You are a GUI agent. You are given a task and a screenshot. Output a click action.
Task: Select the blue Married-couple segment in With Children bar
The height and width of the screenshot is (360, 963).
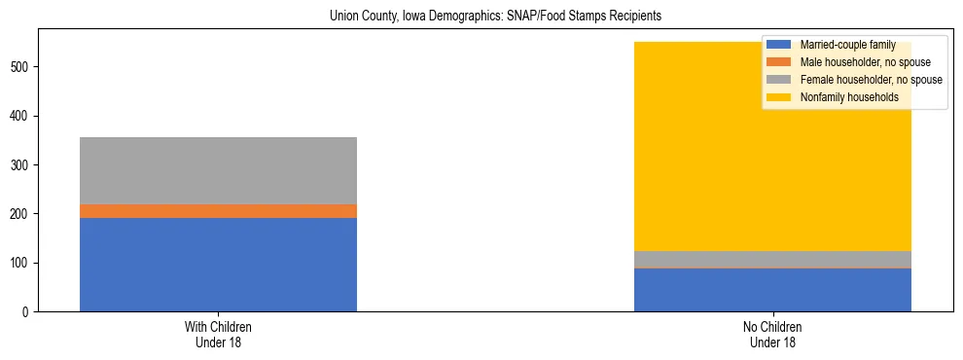tap(218, 264)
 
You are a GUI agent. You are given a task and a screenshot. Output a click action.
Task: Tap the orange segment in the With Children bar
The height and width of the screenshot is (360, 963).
tap(218, 210)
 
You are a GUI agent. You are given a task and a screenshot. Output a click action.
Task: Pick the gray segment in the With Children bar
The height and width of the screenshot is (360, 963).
tap(218, 170)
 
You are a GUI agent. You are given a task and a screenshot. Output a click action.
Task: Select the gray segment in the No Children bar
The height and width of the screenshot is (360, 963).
tap(772, 259)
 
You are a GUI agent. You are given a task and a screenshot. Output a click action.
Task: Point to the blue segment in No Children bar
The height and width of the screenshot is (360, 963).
tap(772, 290)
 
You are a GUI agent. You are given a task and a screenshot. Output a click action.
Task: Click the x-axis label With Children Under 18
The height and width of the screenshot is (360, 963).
tap(218, 334)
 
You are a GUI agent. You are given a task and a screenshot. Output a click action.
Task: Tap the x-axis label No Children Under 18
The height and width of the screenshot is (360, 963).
tap(772, 334)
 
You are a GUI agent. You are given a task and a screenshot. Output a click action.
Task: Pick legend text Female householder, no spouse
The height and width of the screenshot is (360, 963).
tap(871, 80)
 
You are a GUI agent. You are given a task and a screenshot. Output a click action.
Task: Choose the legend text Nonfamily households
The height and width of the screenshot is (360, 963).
tap(849, 97)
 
